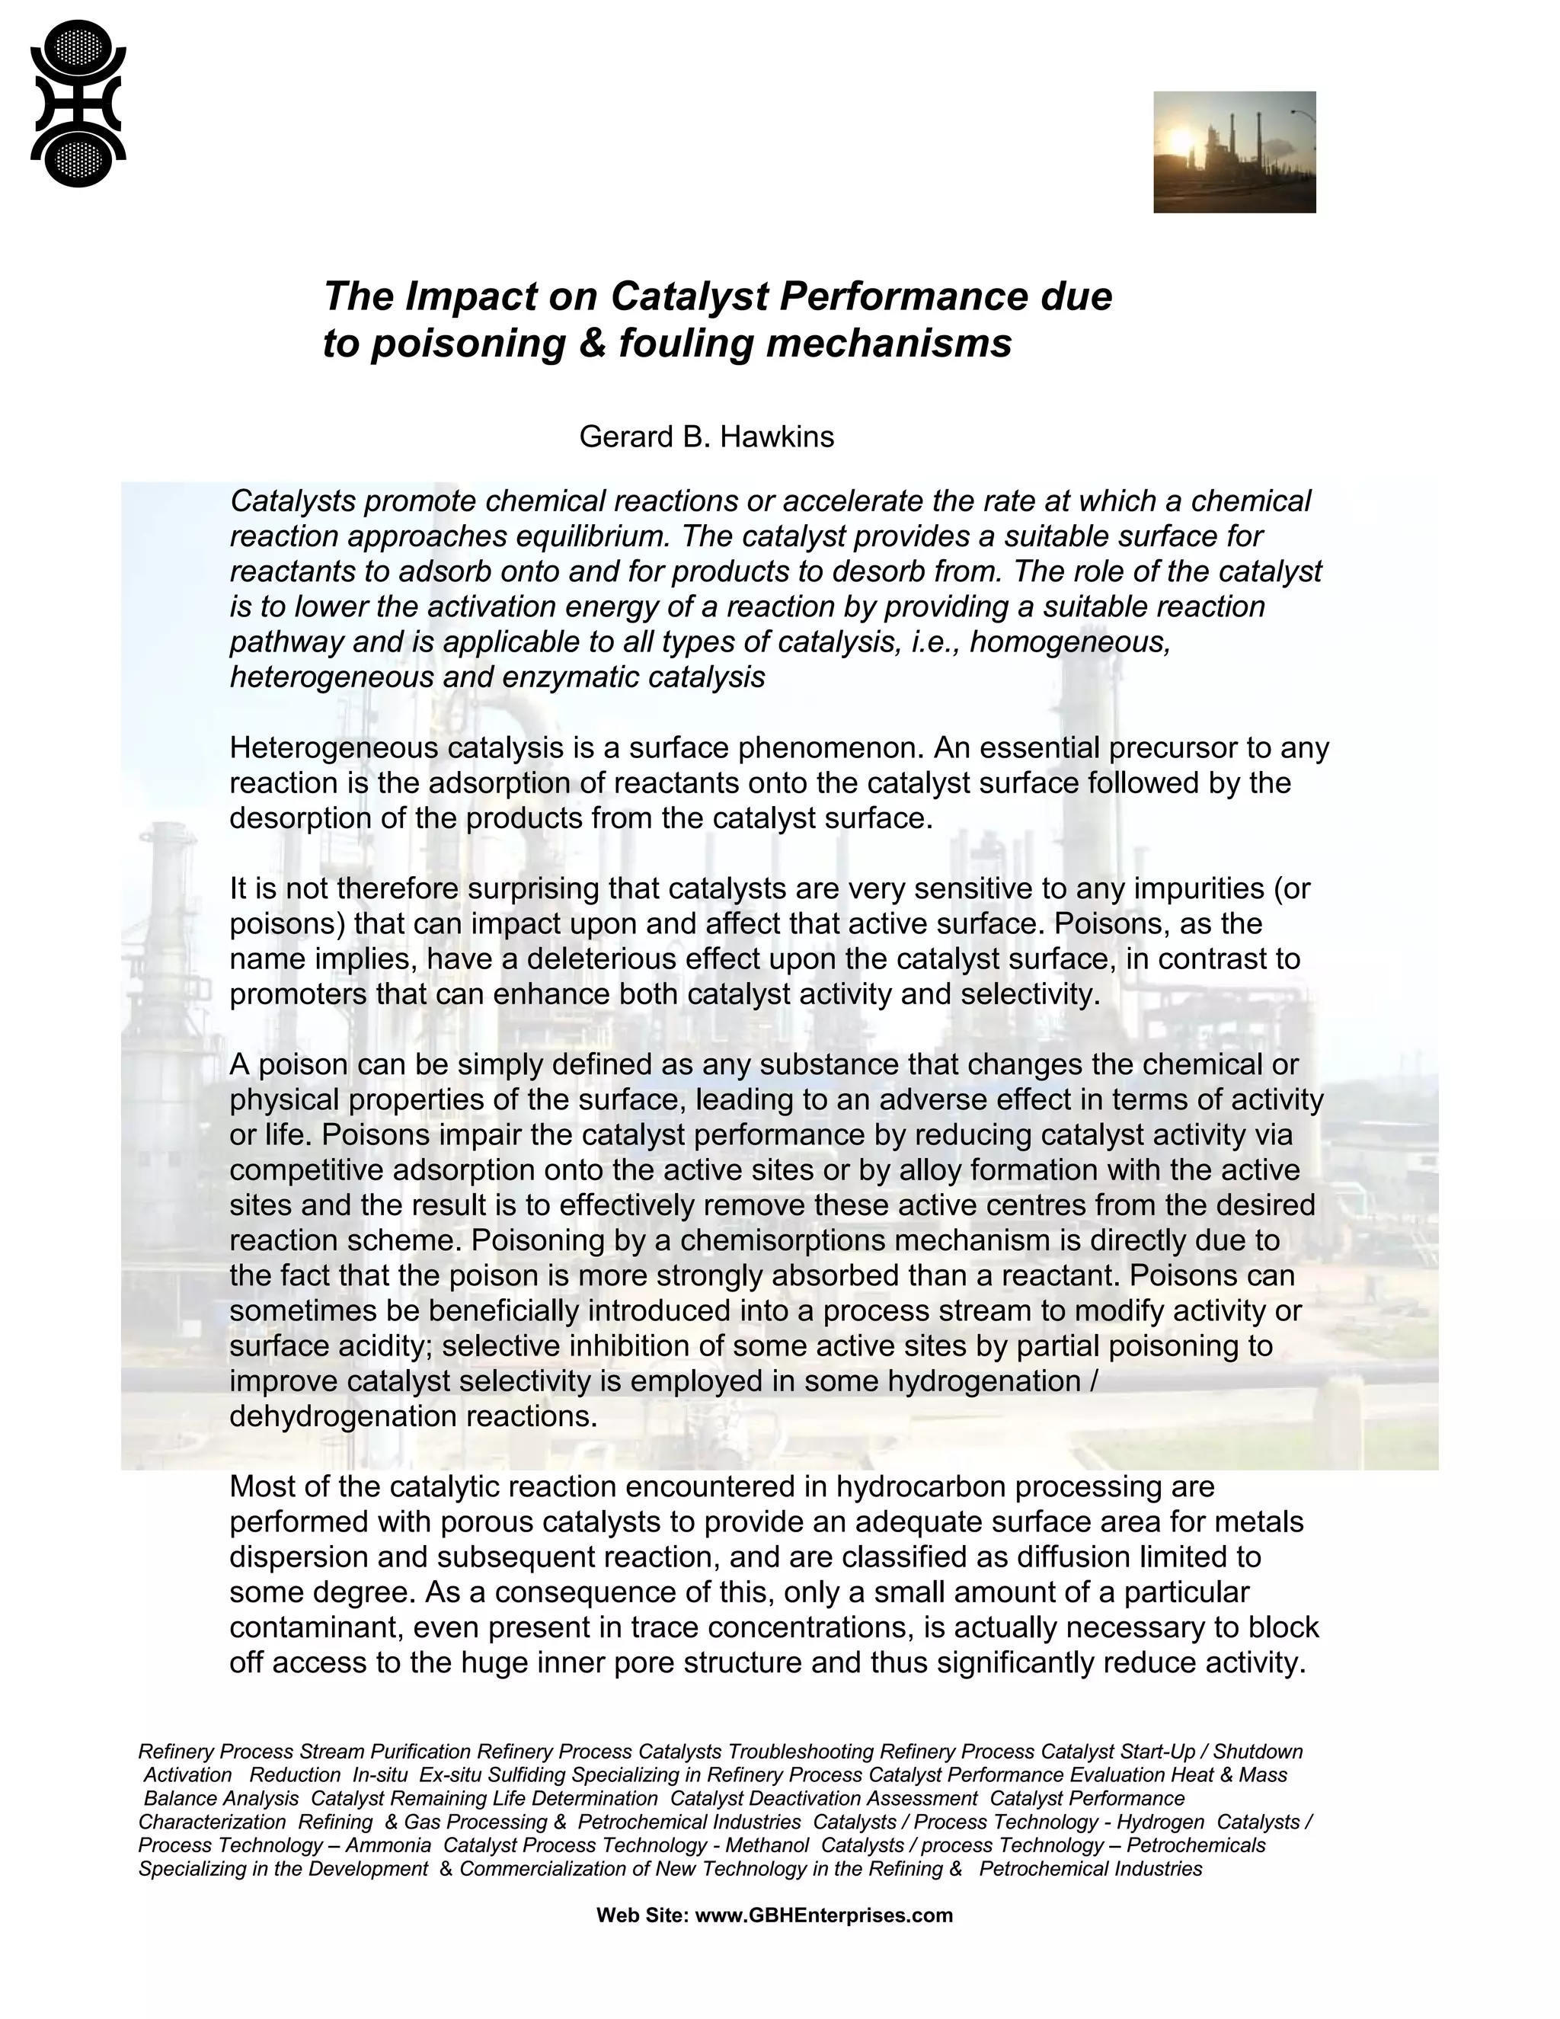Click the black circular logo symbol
[x=78, y=104]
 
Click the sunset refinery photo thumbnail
[x=1234, y=152]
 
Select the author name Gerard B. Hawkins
[x=706, y=437]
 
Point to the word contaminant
[x=312, y=1627]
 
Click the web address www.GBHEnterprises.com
[x=823, y=1915]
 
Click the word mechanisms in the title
[x=889, y=343]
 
